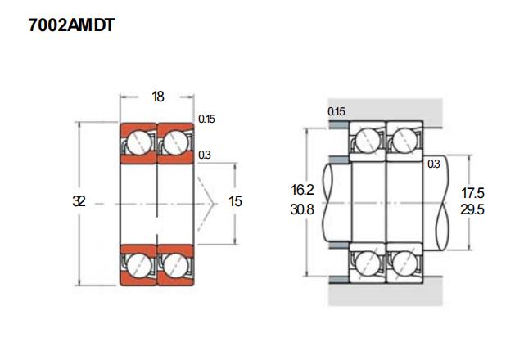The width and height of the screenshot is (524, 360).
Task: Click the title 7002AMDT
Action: (71, 25)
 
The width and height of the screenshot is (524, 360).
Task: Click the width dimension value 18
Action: (158, 97)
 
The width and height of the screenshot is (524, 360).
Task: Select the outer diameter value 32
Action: (79, 201)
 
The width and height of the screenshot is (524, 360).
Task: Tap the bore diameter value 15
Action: (235, 201)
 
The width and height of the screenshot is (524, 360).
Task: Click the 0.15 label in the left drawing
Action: (206, 119)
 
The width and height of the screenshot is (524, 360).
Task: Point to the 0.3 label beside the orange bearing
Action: (205, 155)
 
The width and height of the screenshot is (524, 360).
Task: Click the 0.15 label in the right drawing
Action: (337, 111)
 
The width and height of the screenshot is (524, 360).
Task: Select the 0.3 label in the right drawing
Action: (434, 164)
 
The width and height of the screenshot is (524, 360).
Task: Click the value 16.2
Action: (302, 190)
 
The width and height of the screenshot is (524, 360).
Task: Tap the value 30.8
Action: (302, 209)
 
